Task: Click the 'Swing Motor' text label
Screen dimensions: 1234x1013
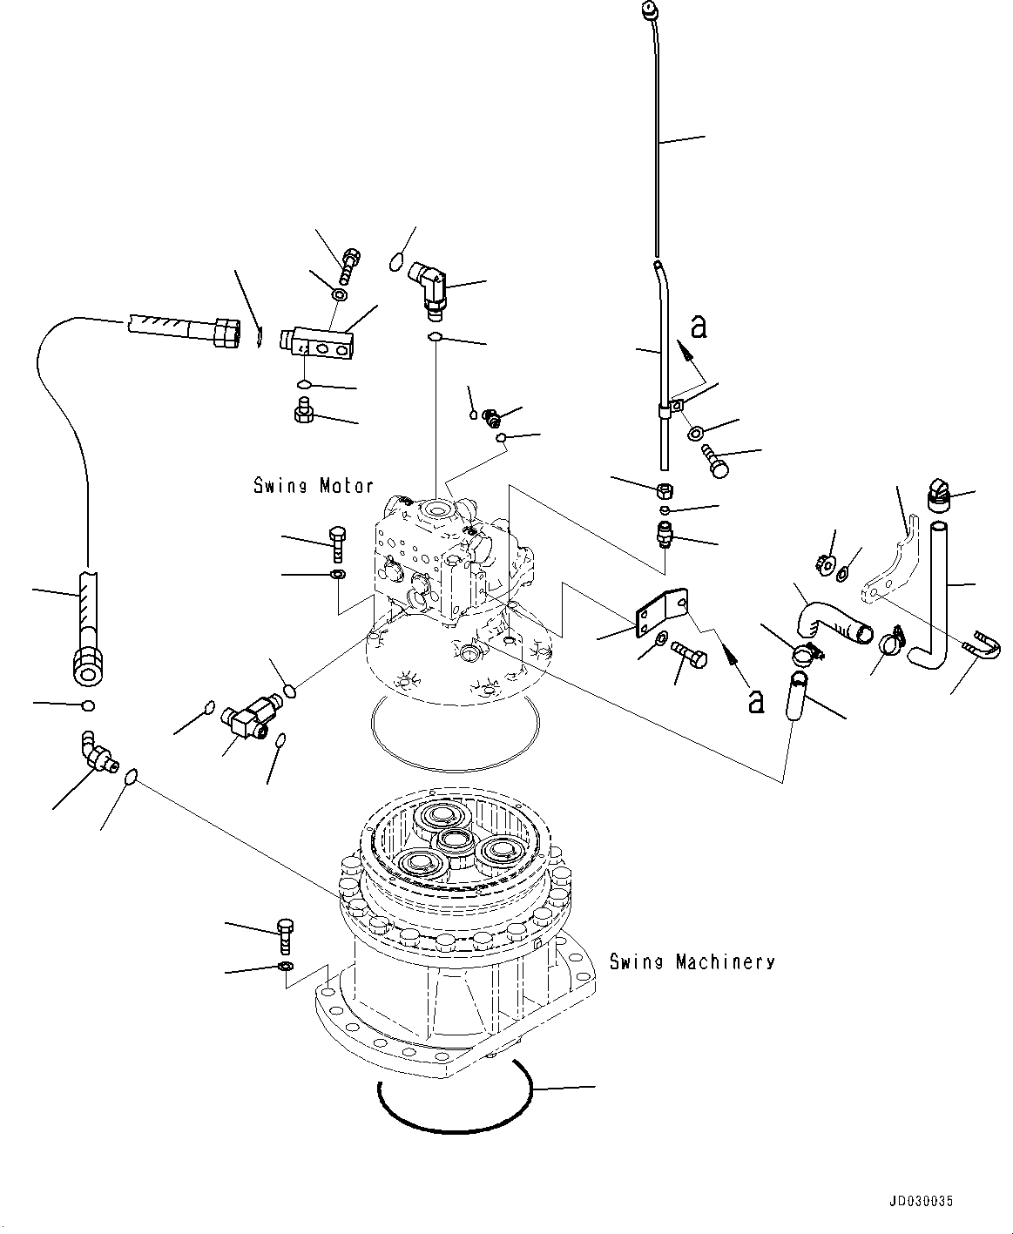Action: tap(314, 486)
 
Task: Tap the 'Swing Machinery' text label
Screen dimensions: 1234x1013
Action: tap(692, 962)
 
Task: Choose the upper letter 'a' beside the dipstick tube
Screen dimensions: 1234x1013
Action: tap(698, 327)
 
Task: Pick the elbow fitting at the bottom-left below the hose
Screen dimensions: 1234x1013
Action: tap(96, 752)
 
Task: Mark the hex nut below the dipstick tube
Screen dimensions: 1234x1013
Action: tap(664, 489)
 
